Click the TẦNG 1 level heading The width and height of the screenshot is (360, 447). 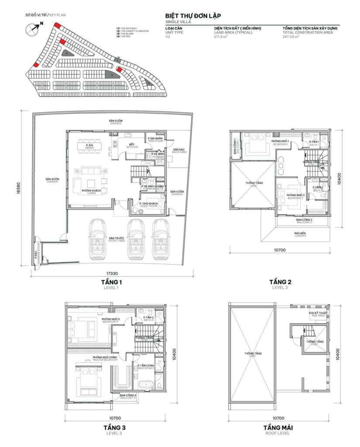click(x=112, y=282)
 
